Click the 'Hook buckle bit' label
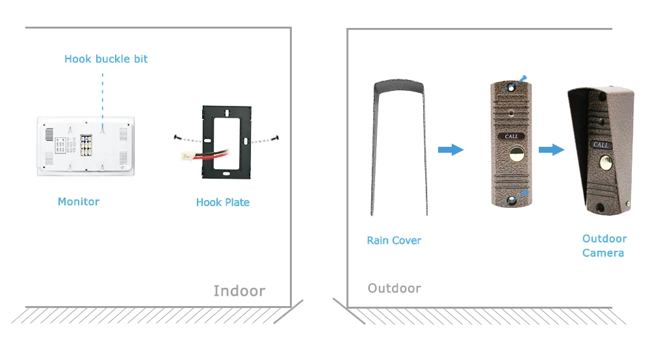[106, 59]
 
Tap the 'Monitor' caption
[79, 201]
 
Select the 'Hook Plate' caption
[222, 202]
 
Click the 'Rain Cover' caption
[394, 240]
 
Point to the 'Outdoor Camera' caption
[604, 246]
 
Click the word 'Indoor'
[239, 291]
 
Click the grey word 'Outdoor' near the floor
[394, 288]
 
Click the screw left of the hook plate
[177, 136]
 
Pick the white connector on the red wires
[186, 156]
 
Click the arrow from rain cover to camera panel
[450, 150]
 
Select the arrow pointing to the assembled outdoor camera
[551, 150]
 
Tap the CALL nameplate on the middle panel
[512, 136]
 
